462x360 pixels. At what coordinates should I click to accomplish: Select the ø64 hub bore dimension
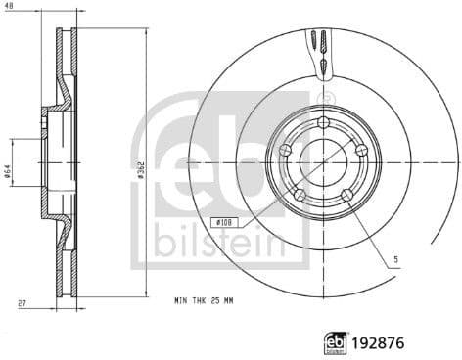click(7, 172)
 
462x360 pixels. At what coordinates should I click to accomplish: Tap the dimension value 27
click(21, 304)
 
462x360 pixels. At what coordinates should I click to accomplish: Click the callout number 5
click(396, 258)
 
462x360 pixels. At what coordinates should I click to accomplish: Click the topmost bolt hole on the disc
click(323, 122)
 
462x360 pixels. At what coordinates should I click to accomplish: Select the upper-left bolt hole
click(286, 150)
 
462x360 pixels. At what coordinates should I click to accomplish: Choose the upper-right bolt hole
click(360, 150)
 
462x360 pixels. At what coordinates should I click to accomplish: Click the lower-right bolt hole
click(346, 195)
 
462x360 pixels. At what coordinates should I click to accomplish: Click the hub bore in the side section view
click(46, 162)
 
